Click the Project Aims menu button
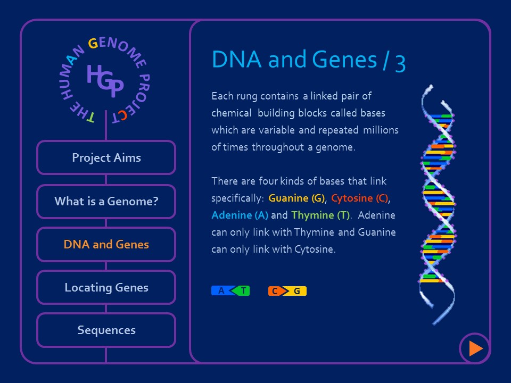pyautogui.click(x=106, y=157)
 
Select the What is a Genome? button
pyautogui.click(x=106, y=202)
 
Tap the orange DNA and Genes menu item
pyautogui.click(x=106, y=245)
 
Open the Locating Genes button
pyautogui.click(x=106, y=288)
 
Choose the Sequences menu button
pyautogui.click(x=106, y=330)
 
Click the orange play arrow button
pyautogui.click(x=475, y=348)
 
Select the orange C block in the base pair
pyautogui.click(x=275, y=291)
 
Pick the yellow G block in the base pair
pyautogui.click(x=297, y=291)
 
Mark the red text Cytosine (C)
pyautogui.click(x=359, y=198)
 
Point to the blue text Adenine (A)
pyautogui.click(x=240, y=215)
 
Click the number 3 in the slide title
pyautogui.click(x=400, y=61)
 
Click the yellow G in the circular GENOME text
pyautogui.click(x=93, y=44)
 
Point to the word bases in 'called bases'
pyautogui.click(x=373, y=113)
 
